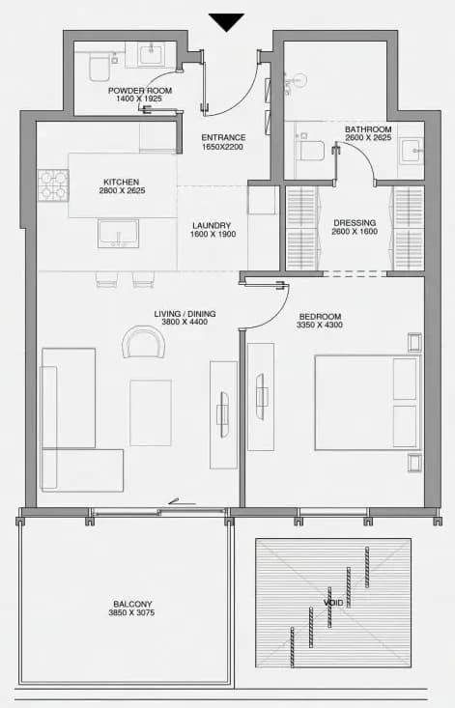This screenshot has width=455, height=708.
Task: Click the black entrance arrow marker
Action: click(226, 22)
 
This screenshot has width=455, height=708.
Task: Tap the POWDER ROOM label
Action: click(140, 90)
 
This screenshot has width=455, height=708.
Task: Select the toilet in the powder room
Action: click(99, 68)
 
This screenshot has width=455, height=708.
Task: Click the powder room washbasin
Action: click(152, 55)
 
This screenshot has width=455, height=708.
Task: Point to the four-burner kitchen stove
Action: click(53, 185)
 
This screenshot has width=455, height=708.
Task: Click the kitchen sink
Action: click(118, 234)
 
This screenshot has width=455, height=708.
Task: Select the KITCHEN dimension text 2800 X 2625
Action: click(122, 190)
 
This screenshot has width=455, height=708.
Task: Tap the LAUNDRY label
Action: click(212, 225)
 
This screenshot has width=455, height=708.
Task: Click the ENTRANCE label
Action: click(223, 137)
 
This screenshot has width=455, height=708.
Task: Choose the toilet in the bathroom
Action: click(312, 151)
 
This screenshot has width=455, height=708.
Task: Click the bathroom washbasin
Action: click(412, 151)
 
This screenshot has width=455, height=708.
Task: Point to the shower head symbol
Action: click(297, 81)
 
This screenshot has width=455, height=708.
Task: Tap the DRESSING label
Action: click(355, 222)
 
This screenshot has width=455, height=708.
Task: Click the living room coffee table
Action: click(151, 412)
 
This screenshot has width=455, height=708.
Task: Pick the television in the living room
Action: click(224, 414)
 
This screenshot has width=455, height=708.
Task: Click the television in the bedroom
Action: click(261, 397)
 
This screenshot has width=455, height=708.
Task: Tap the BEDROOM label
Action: click(320, 317)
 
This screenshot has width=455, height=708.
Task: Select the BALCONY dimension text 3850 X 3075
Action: click(131, 612)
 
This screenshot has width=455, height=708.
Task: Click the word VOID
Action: click(333, 603)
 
